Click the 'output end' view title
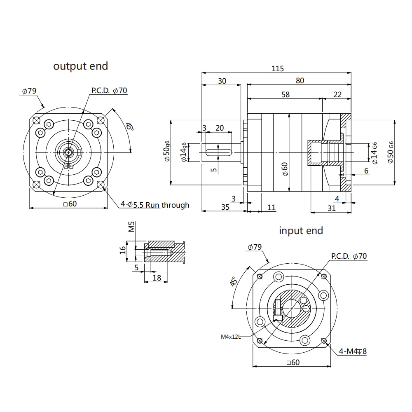pos(80,66)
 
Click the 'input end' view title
pos(301,230)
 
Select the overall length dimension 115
pos(278,69)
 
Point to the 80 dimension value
pos(300,81)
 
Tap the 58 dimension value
pos(285,94)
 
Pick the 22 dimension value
pos(337,94)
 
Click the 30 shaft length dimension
pos(222,81)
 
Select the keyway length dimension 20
pos(220,128)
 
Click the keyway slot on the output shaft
pos(218,152)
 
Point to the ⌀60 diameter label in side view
pos(285,169)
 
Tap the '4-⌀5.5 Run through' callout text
pos(155,204)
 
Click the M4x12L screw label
pos(230,337)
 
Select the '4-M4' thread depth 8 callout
pos(353,351)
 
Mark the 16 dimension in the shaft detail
pos(122,250)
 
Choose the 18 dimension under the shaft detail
pos(157,278)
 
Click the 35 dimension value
pos(225,207)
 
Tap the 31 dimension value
pos(331,208)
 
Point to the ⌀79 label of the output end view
pos(30,91)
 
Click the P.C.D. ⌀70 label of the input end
pos(349,256)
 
